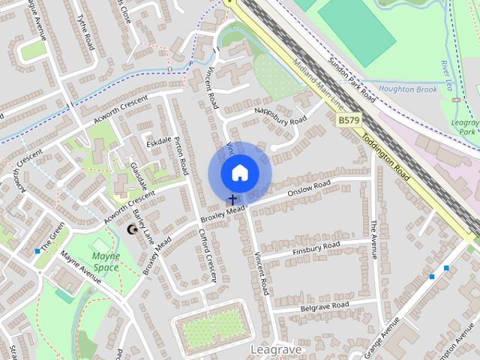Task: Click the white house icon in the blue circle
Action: tap(239, 172)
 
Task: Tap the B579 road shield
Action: tap(347, 120)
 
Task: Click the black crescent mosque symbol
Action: tap(133, 229)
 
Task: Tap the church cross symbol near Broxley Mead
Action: tap(232, 200)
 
